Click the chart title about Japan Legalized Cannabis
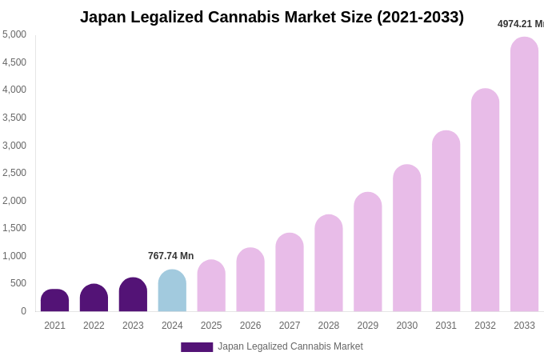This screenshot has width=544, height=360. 272,17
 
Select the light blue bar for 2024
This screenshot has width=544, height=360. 172,291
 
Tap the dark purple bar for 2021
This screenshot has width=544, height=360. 54,301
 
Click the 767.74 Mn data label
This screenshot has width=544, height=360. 170,256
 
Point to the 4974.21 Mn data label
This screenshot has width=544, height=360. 520,24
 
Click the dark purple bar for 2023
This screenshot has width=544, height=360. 133,295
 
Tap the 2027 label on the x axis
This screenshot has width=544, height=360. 290,326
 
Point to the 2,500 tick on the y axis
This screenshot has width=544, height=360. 14,173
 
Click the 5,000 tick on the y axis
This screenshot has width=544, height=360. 14,34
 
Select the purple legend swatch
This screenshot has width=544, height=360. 197,347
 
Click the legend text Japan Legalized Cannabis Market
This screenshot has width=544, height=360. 290,346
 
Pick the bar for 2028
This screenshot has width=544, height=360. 329,263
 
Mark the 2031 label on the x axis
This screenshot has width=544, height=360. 446,326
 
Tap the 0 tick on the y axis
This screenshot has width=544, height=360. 23,311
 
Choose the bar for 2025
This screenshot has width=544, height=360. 211,286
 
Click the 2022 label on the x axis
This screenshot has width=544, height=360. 94,326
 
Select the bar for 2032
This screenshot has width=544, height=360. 485,200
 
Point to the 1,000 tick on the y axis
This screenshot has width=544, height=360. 14,256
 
